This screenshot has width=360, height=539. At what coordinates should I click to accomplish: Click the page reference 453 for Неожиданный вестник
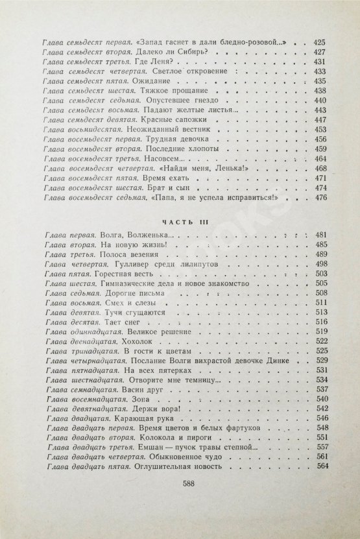(320, 130)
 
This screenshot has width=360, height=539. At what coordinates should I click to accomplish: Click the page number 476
(320, 198)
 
